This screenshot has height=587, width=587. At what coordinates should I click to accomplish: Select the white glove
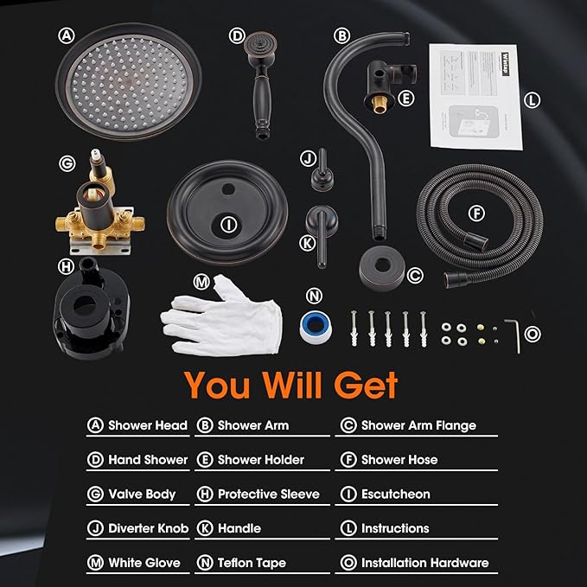[x=223, y=316]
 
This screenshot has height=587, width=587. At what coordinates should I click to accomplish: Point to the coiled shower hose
[x=472, y=220]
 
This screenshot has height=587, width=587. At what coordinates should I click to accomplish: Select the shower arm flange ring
[x=380, y=265]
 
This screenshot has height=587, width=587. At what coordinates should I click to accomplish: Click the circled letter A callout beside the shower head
[x=66, y=36]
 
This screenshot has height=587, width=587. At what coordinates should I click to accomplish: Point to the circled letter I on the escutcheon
[x=228, y=225]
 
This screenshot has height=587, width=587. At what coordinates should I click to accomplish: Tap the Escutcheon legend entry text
[x=395, y=494]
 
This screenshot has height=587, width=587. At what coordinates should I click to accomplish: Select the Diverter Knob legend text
[x=148, y=528]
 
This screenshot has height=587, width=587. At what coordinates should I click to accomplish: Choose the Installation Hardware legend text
[x=424, y=563]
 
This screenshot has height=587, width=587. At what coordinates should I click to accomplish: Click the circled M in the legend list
[x=95, y=563]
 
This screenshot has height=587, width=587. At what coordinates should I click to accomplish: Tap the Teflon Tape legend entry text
[x=253, y=563]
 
